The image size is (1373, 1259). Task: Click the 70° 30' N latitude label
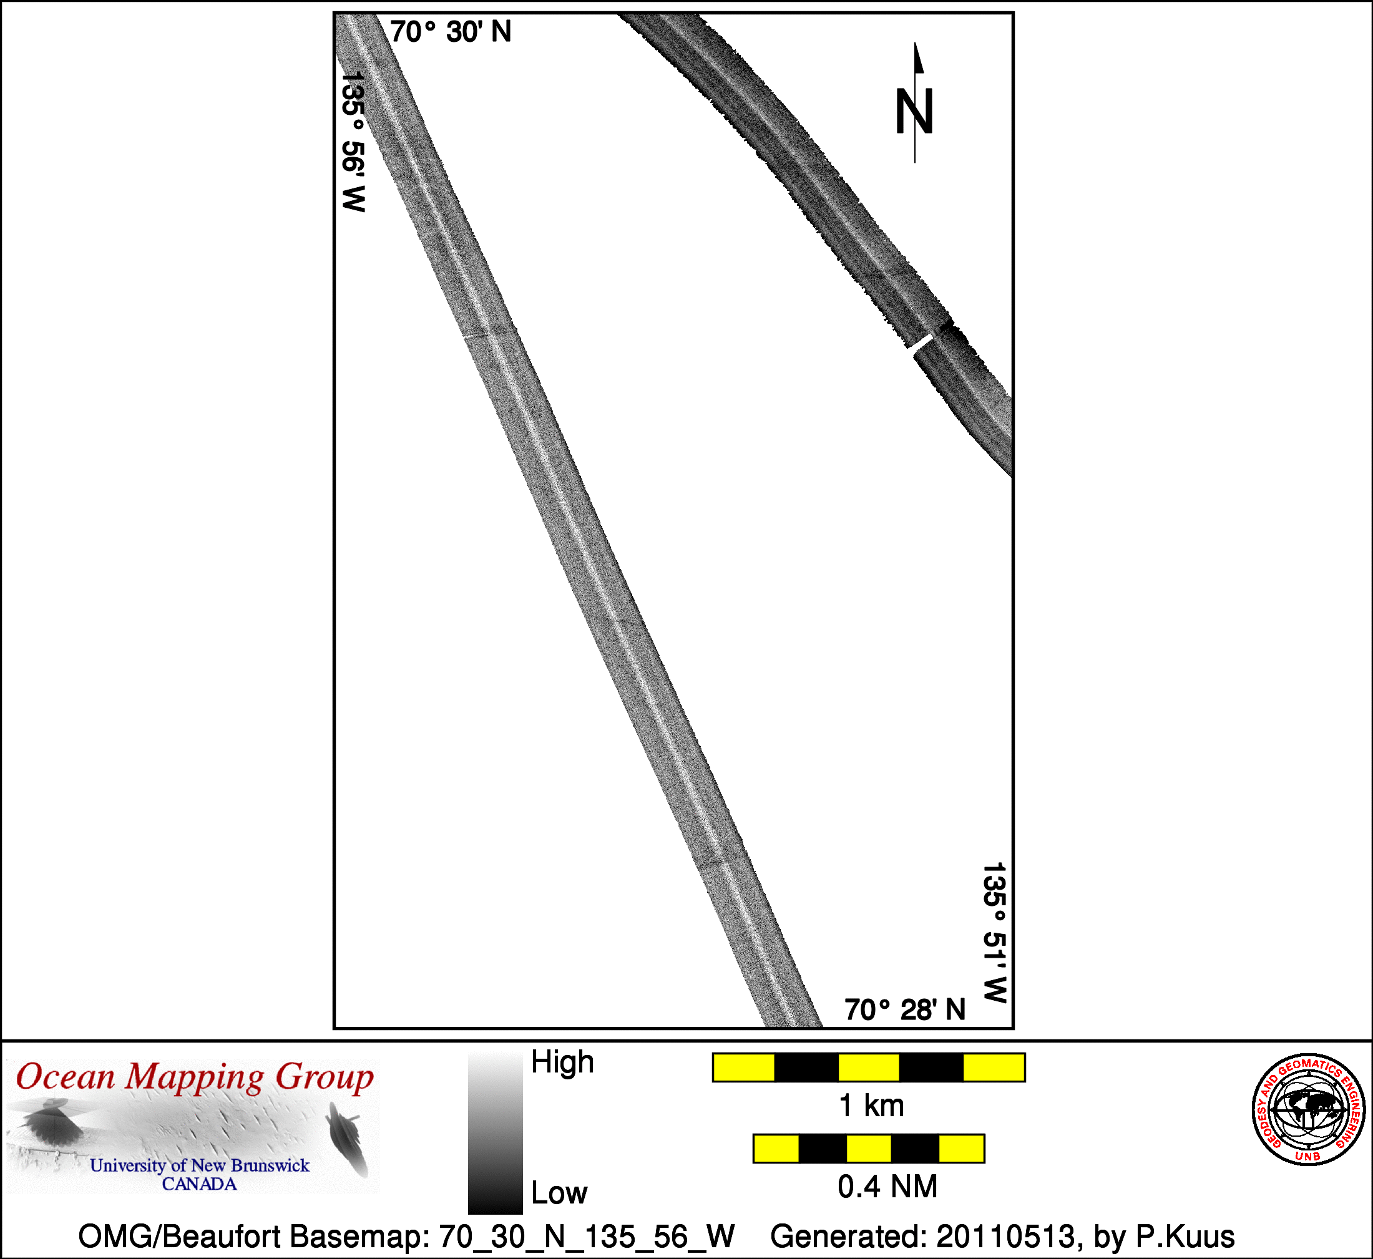pos(451,32)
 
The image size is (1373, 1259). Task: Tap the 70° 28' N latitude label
pos(905,1009)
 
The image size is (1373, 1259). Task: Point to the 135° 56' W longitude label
pos(354,142)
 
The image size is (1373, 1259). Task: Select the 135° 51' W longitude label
pos(994,933)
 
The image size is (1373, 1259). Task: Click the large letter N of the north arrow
pos(914,111)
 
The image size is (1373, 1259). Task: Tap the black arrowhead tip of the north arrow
pos(915,43)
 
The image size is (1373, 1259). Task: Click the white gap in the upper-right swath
pos(921,342)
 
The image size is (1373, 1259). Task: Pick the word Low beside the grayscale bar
pos(559,1193)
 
